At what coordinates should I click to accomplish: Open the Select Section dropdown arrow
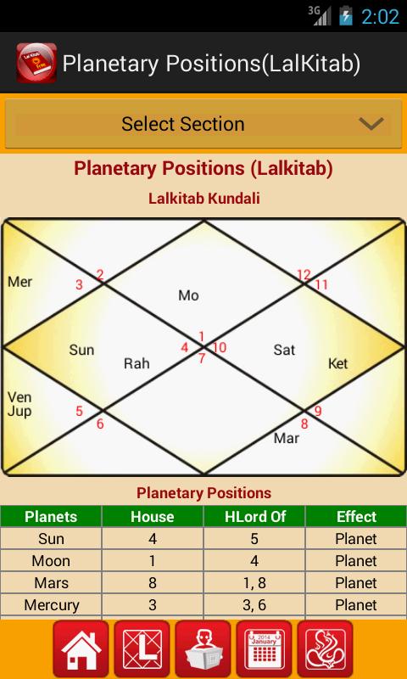tap(371, 124)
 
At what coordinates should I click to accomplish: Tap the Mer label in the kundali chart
tap(20, 281)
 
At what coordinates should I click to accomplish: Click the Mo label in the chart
tap(188, 295)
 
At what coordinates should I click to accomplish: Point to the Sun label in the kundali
tap(81, 349)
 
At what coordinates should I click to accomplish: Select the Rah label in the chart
tap(137, 363)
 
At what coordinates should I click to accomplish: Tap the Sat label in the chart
tap(283, 349)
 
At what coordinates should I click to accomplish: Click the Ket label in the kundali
tap(337, 363)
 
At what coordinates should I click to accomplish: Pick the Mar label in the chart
tap(287, 438)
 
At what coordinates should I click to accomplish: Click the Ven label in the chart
tap(20, 397)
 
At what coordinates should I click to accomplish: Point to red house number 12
tap(304, 274)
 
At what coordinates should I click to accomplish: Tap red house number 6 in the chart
tap(100, 424)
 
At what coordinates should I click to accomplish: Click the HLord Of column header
tap(254, 516)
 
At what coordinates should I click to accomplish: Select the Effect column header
tap(356, 516)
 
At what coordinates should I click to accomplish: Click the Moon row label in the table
tap(51, 561)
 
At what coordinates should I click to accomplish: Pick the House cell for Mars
tap(153, 583)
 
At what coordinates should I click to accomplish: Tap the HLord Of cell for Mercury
tap(254, 605)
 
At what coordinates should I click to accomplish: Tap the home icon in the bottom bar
tap(81, 649)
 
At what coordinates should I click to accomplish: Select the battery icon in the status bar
tap(345, 16)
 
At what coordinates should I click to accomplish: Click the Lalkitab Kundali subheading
tap(203, 199)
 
